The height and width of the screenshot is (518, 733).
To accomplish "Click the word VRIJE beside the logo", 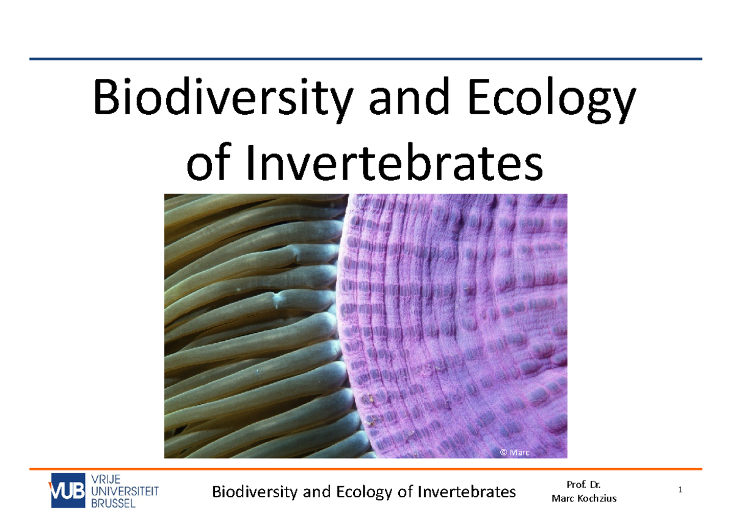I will tap(106, 478).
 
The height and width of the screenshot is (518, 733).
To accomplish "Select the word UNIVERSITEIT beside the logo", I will tap(125, 491).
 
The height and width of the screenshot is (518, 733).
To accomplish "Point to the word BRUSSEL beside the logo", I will tap(114, 503).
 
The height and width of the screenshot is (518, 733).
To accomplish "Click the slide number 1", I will tap(679, 491).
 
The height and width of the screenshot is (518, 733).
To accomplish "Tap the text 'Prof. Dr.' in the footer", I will tap(584, 485).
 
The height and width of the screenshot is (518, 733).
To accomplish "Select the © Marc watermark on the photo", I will tap(514, 453).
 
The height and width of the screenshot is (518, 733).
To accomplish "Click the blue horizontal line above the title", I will tap(366, 59).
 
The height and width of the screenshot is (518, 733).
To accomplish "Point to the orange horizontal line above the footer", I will tap(366, 469).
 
